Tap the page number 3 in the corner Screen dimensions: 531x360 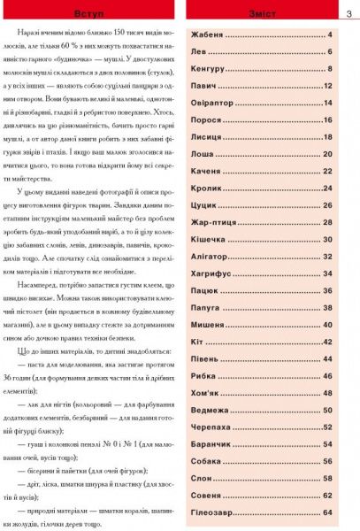coord(349,11)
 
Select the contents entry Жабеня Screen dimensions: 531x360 coord(209,35)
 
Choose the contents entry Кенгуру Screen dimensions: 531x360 coord(210,68)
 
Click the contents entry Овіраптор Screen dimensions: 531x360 coord(214,103)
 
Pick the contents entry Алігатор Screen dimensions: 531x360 coord(211,257)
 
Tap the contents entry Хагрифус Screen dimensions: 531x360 coord(211,273)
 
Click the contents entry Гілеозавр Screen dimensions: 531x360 coord(214,512)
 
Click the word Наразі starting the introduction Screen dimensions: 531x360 coord(42,42)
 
